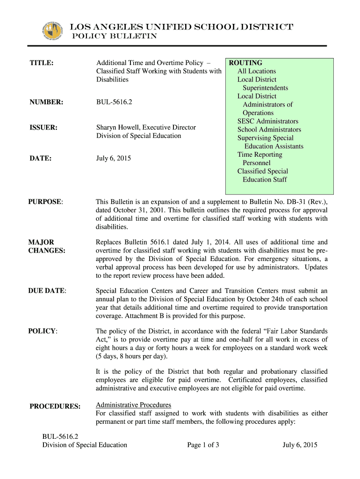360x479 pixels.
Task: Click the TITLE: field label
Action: click(x=41, y=63)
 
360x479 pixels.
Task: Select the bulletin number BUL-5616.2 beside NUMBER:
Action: click(x=114, y=101)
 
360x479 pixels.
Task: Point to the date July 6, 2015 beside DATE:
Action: click(x=114, y=159)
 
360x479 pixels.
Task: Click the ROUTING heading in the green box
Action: click(x=245, y=63)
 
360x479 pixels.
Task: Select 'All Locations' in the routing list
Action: click(x=257, y=71)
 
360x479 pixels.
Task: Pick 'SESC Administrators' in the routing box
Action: click(x=267, y=121)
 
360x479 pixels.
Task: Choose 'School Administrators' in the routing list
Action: click(x=269, y=130)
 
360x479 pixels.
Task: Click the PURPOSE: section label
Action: click(x=46, y=202)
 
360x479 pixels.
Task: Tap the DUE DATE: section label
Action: click(x=48, y=290)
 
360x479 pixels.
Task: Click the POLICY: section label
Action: click(x=43, y=331)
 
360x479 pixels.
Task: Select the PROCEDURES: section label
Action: click(x=55, y=406)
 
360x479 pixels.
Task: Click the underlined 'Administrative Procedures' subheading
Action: click(x=133, y=405)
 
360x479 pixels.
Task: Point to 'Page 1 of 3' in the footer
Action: click(x=203, y=445)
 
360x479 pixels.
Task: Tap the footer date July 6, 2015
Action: click(x=300, y=445)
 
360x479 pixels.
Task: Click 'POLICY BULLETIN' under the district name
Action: click(x=114, y=36)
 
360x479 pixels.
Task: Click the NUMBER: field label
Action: click(x=46, y=101)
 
